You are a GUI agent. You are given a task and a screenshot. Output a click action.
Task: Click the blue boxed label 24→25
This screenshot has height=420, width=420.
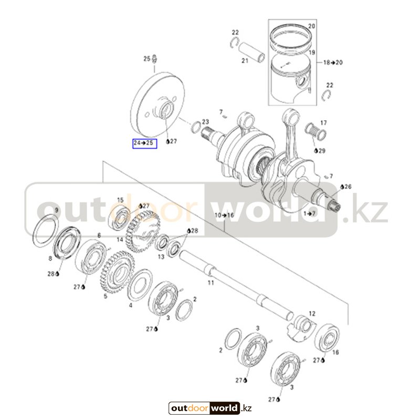(144, 143)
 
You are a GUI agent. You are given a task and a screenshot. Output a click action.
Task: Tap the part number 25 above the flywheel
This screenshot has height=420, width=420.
(147, 59)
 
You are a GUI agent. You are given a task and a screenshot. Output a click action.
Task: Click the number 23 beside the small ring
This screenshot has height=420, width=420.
(205, 122)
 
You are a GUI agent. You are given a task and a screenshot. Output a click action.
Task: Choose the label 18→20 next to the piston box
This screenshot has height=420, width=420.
(333, 62)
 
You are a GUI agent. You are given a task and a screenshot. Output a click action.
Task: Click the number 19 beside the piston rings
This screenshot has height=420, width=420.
(311, 53)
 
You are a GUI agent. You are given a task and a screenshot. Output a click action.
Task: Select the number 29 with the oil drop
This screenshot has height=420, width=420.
(321, 151)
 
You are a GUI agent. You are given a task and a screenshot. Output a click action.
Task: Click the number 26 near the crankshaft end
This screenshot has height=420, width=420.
(348, 186)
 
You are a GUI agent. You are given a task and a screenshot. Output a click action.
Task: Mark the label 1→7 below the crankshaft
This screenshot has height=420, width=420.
(309, 213)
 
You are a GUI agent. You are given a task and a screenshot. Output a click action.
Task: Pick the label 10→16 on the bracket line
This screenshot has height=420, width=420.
(224, 216)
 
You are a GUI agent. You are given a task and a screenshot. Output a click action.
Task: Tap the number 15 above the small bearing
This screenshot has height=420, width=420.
(120, 200)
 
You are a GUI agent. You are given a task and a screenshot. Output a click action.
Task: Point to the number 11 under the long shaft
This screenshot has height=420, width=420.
(211, 283)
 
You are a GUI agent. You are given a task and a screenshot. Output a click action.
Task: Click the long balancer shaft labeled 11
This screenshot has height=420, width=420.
(236, 283)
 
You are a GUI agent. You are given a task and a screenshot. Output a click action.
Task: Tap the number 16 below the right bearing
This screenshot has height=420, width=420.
(336, 352)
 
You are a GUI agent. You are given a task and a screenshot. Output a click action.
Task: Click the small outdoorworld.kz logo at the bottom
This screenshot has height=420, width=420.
(211, 408)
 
